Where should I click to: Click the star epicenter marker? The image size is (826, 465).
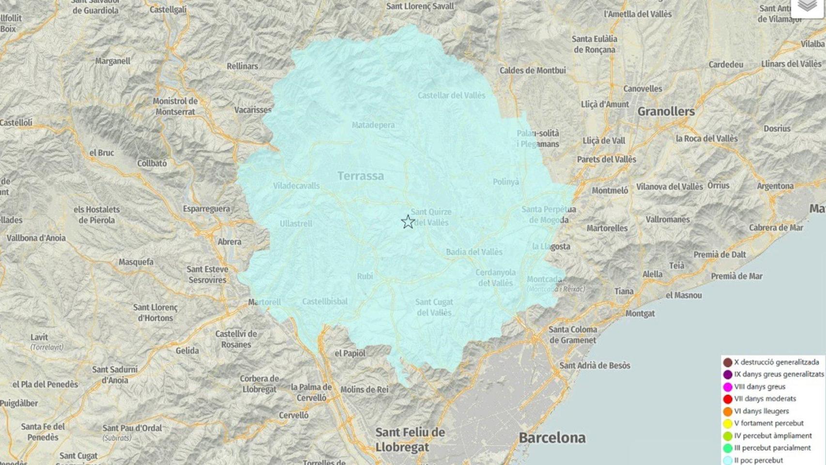[x=408, y=222]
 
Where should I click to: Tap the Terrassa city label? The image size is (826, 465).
[x=361, y=176]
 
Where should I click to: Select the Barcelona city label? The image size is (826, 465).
[x=552, y=438]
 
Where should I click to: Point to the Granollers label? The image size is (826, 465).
[x=666, y=111]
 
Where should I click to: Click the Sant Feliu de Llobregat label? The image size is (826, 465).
[x=410, y=439]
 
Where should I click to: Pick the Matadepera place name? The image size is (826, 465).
[x=373, y=125]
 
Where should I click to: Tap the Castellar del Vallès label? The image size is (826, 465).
[x=451, y=95]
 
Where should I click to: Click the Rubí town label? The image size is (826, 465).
[x=365, y=276]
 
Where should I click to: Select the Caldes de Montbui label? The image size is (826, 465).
[x=533, y=71]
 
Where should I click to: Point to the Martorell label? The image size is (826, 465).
[x=264, y=302]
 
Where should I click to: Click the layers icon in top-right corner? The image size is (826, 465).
[x=807, y=6]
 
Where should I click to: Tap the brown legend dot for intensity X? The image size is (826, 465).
[x=727, y=362]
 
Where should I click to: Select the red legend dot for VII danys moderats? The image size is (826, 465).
[x=727, y=399]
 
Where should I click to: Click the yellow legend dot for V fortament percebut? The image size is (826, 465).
[x=727, y=424]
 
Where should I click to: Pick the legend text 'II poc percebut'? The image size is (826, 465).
[x=758, y=460]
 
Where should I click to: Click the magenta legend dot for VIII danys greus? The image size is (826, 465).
[x=727, y=387]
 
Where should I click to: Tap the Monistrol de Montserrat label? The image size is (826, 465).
[x=175, y=107]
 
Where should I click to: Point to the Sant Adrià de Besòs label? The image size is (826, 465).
[x=595, y=366]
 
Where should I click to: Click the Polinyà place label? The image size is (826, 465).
[x=505, y=182]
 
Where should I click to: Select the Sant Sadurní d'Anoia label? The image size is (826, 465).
[x=115, y=375]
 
